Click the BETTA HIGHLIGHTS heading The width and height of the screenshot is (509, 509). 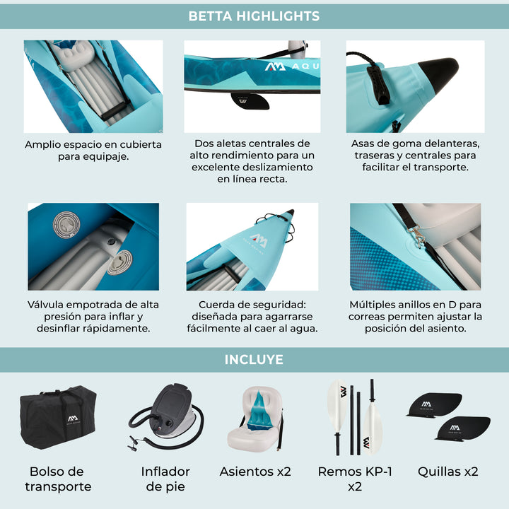(x=254, y=16)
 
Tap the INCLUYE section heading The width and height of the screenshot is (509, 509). (x=254, y=360)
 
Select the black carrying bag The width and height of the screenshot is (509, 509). (x=58, y=417)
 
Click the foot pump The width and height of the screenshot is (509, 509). (x=166, y=417)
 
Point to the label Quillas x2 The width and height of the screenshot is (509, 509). (x=448, y=472)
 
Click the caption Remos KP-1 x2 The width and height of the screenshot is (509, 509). (x=355, y=479)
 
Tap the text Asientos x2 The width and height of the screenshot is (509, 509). (x=255, y=472)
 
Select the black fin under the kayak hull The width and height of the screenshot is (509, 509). (x=250, y=101)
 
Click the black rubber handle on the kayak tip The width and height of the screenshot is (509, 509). (x=378, y=85)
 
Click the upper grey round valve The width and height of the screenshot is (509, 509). (x=66, y=223)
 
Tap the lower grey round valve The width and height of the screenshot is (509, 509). (x=119, y=262)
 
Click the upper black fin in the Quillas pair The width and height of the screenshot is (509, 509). (x=435, y=404)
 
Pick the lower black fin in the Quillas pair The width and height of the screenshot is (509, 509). (x=463, y=428)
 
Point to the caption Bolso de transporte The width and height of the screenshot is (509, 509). (x=58, y=479)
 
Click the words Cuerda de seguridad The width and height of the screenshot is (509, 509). (x=252, y=305)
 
